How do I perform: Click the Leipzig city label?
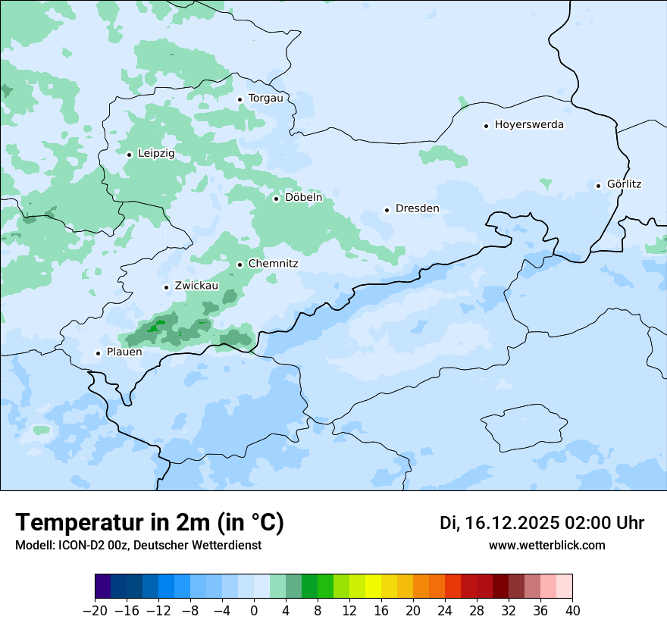(x=156, y=154)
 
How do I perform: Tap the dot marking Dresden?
(x=387, y=210)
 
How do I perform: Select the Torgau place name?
(x=265, y=99)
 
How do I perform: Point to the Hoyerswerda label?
(x=529, y=125)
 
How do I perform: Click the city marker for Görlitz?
(x=598, y=185)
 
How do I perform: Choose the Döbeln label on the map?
(x=303, y=198)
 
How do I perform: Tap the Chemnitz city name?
(x=273, y=264)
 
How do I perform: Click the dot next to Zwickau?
(x=166, y=287)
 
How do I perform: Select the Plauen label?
(x=124, y=352)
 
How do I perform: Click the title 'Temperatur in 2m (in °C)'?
(x=150, y=522)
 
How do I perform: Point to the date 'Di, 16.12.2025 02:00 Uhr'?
(x=542, y=523)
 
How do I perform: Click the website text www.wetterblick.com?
(x=547, y=546)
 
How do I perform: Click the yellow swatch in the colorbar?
(x=373, y=587)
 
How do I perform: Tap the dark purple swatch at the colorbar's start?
(x=102, y=587)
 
